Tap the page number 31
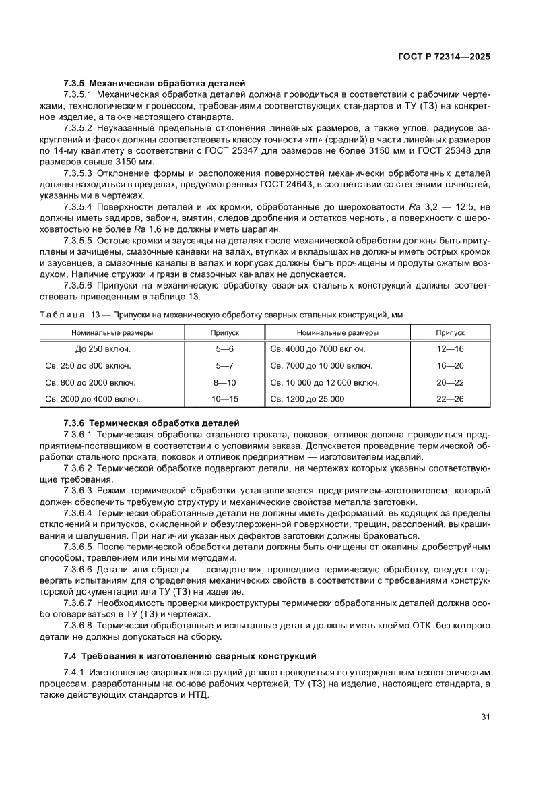point(485,717)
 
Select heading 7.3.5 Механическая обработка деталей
point(154,83)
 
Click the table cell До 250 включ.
point(103,349)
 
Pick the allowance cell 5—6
point(224,349)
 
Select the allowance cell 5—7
point(224,366)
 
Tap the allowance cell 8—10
point(224,382)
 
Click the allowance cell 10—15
point(224,399)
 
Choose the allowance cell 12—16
point(450,349)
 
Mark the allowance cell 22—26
point(450,399)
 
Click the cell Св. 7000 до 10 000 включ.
point(321,366)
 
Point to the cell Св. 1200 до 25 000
point(307,399)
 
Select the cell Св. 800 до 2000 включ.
point(90,382)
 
